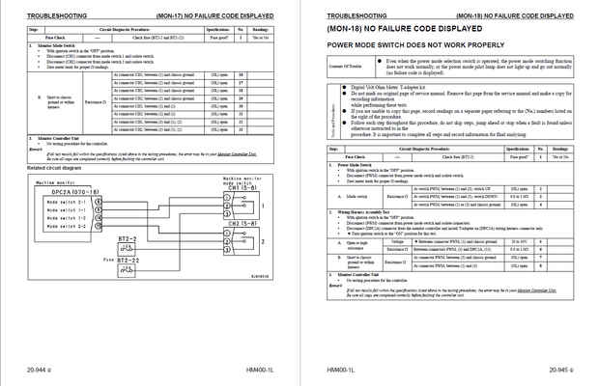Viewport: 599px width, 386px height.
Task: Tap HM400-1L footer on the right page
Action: [342, 371]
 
